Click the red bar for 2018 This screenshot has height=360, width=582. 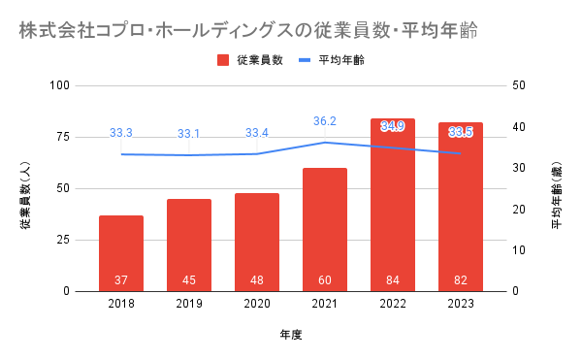(121, 253)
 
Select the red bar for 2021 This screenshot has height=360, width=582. (325, 230)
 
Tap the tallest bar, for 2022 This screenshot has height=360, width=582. (393, 206)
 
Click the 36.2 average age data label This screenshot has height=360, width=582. (325, 121)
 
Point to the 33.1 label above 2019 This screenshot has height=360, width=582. (188, 134)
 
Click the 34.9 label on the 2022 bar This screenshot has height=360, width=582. (393, 126)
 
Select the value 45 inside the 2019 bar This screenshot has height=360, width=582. (189, 279)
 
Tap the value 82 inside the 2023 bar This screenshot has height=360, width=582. (461, 279)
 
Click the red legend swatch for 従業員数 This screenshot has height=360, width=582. (223, 60)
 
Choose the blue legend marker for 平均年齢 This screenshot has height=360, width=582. (305, 60)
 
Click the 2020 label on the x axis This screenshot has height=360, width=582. (257, 304)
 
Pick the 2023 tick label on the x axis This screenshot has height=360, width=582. (461, 304)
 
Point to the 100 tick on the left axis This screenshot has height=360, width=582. (60, 85)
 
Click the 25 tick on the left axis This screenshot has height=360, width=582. (63, 240)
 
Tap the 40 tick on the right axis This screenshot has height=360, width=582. (519, 127)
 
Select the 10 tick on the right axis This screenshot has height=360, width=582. (519, 250)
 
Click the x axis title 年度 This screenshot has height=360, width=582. (291, 335)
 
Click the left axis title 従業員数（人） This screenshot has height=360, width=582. (25, 196)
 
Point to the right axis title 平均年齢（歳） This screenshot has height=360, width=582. (557, 196)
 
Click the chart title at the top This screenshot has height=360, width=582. (248, 30)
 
